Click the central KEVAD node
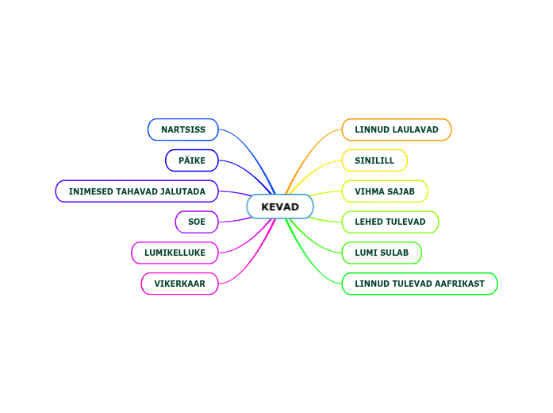coord(280,206)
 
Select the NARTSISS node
coord(183,129)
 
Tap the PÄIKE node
coord(192,160)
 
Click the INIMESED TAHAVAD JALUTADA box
coord(136,191)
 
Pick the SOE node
coord(197,222)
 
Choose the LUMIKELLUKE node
coord(175,253)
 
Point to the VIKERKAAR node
coord(179,284)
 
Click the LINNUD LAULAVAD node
coord(396,129)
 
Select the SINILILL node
coord(374,160)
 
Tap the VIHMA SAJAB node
coord(385,191)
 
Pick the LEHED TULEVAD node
coord(390,222)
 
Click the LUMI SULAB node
coord(382,253)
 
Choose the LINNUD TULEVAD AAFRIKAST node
coord(419,284)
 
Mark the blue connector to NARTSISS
coord(255,156)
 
